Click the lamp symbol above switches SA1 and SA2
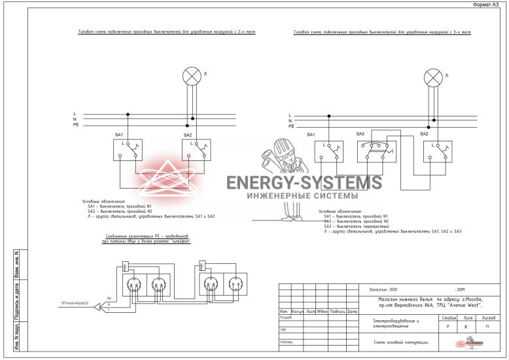(191, 76)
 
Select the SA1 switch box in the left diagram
(128, 150)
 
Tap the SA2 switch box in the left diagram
(196, 150)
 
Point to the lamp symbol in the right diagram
(432, 79)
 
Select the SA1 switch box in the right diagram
(328, 151)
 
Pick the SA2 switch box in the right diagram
(436, 151)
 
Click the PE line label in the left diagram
(76, 124)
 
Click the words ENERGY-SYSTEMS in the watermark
(304, 183)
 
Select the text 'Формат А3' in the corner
(487, 5)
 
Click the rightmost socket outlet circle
(234, 285)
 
